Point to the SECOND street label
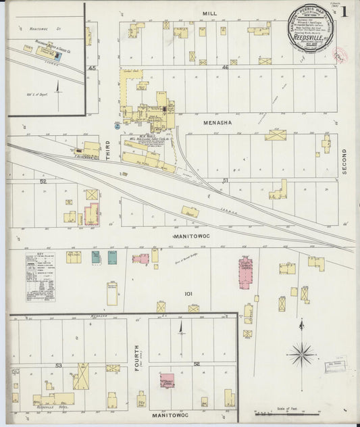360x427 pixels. pyautogui.click(x=343, y=162)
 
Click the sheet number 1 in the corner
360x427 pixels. pyautogui.click(x=344, y=11)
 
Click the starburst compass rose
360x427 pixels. pyautogui.click(x=301, y=353)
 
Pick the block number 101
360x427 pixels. pyautogui.click(x=188, y=294)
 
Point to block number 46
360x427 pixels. pyautogui.click(x=226, y=67)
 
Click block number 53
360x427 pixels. pyautogui.click(x=59, y=365)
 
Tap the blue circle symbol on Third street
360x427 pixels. pyautogui.click(x=117, y=126)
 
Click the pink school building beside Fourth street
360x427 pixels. pyautogui.click(x=167, y=380)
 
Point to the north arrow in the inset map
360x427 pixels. pyautogui.click(x=58, y=88)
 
